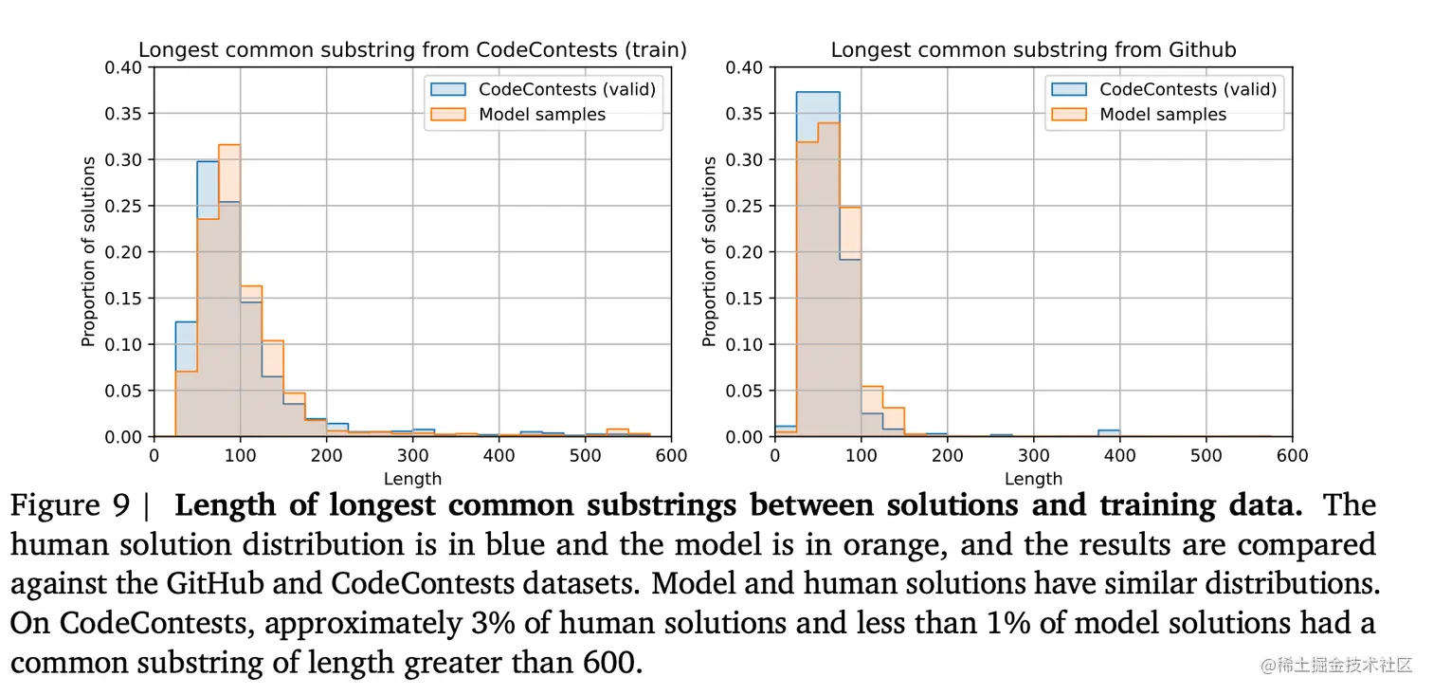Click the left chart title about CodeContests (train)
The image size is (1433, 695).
412,50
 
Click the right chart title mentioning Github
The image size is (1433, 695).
1033,50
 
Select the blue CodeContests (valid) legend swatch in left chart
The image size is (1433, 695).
448,89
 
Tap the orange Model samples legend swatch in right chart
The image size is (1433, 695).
1069,115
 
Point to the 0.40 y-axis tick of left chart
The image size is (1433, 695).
125,67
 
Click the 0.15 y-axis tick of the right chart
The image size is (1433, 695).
746,299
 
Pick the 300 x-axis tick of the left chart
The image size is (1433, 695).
326,455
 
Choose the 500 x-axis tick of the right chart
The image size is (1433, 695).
1206,455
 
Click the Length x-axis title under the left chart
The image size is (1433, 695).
412,479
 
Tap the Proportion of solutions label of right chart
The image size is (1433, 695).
710,251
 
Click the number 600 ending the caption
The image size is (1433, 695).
610,662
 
